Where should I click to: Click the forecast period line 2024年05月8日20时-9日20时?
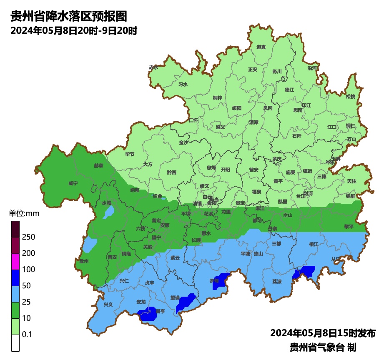point(74,31)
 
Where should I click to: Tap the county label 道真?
point(261,47)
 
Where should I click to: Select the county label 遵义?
point(220,127)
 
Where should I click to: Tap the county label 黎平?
point(349,227)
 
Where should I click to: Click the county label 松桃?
point(351,97)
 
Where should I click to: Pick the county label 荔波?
point(277,282)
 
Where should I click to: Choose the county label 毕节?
point(130,154)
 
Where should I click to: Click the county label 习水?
point(183,84)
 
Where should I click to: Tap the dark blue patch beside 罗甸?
point(221,280)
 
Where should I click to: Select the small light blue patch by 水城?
point(108,212)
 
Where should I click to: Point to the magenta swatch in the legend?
point(15,261)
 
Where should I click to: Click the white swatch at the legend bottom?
point(15,343)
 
